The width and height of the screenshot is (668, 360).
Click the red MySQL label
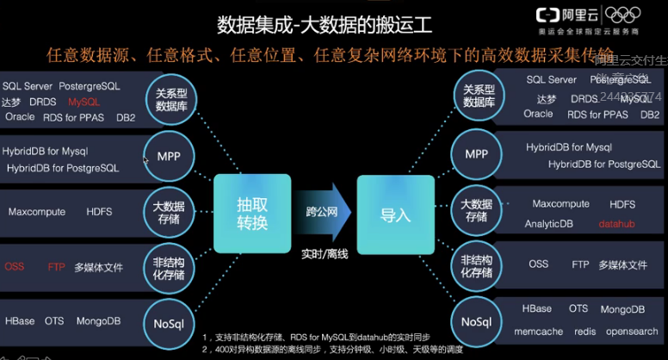pyautogui.click(x=84, y=102)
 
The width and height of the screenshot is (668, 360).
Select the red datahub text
pyautogui.click(x=617, y=224)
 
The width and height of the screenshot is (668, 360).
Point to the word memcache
pyautogui.click(x=539, y=331)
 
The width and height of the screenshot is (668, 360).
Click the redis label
pyautogui.click(x=585, y=331)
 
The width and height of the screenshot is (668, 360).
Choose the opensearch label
pyautogui.click(x=632, y=331)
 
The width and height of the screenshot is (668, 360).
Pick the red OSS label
pyautogui.click(x=14, y=267)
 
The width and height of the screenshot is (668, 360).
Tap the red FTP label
pyautogui.click(x=56, y=267)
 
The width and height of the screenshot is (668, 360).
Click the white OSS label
pyautogui.click(x=538, y=265)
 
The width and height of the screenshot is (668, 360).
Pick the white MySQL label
pyautogui.click(x=635, y=99)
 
